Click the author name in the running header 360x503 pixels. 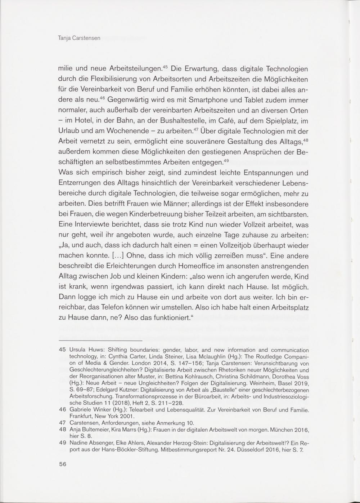[x=79, y=37]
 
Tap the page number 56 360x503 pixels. [x=63, y=464]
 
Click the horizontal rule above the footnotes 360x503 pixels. [x=100, y=340]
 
